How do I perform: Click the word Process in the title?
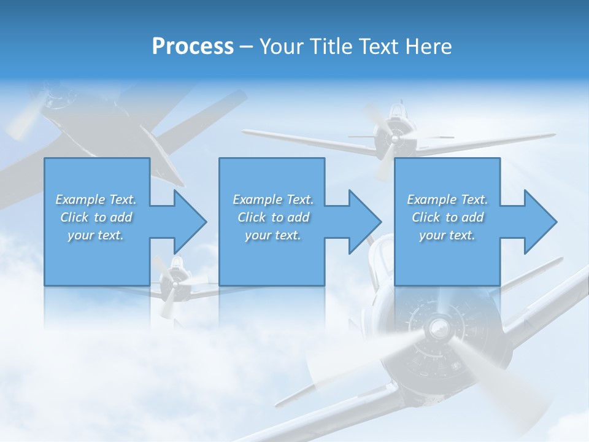193,47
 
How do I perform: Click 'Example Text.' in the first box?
96,200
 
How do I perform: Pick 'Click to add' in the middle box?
273,217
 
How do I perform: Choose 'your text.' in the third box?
447,235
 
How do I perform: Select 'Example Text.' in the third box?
447,200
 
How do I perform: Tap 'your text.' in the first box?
96,235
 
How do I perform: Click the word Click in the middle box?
251,217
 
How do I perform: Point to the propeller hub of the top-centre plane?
393,139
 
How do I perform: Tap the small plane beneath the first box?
175,282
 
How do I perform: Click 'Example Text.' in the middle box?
273,200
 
